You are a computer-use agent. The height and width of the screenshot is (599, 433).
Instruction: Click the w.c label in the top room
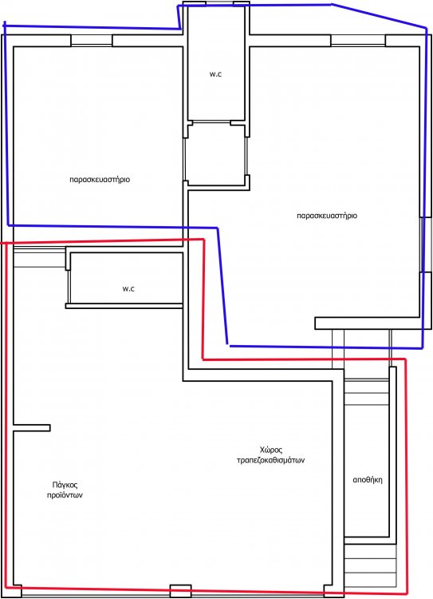[215, 74]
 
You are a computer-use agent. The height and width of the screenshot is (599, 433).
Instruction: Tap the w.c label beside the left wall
[128, 289]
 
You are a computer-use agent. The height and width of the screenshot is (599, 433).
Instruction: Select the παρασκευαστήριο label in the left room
[100, 180]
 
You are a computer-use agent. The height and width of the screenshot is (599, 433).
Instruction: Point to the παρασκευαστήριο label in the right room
[327, 216]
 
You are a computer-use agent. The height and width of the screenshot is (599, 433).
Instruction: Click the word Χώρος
[271, 450]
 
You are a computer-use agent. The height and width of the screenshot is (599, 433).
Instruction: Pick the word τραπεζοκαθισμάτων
[271, 460]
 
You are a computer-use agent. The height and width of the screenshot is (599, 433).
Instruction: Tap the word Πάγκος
[65, 485]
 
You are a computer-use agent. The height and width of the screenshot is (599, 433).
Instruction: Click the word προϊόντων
[65, 495]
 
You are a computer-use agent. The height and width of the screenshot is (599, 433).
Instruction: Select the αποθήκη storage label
[368, 480]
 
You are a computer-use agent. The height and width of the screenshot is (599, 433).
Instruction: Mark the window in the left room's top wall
[92, 41]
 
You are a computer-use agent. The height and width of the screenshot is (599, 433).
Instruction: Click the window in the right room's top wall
[358, 41]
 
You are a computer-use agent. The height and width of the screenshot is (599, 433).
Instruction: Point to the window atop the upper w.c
[219, 3]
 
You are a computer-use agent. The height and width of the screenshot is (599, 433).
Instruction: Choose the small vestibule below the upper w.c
[215, 154]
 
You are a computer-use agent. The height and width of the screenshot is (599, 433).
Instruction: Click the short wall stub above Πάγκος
[32, 428]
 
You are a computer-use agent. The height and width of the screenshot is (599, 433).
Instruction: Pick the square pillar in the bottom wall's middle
[180, 590]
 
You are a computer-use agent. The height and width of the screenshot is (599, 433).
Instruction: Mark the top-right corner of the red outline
[405, 359]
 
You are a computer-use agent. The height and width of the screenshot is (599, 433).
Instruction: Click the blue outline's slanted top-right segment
[380, 16]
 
